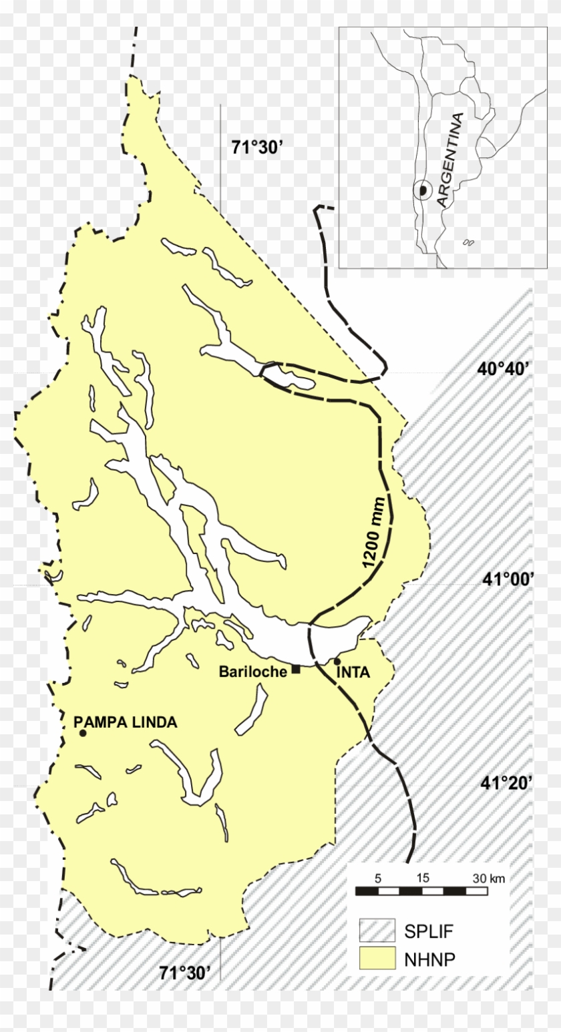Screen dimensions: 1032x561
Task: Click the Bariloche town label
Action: click(252, 672)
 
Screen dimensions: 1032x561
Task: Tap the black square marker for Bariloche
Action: click(296, 670)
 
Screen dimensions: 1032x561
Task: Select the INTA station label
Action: click(353, 672)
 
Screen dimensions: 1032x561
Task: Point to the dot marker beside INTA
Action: click(337, 662)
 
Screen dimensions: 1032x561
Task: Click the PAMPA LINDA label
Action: click(126, 722)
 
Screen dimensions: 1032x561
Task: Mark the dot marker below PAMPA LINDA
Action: click(83, 733)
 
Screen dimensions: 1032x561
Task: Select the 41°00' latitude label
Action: click(508, 579)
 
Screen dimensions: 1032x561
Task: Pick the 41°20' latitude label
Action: click(506, 782)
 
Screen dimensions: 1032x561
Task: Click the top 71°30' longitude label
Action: click(258, 148)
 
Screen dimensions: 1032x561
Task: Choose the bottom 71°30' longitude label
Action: click(185, 973)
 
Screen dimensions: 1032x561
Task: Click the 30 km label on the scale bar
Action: click(488, 878)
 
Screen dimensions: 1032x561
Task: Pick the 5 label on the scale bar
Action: click(377, 878)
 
